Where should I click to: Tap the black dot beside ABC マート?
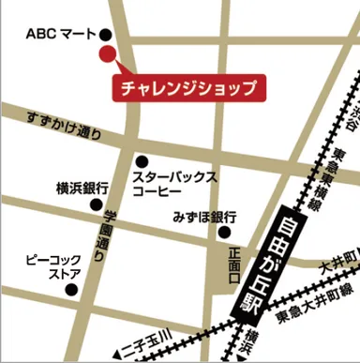coord(104,35)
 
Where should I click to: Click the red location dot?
coord(107,53)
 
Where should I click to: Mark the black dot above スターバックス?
coord(142,161)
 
